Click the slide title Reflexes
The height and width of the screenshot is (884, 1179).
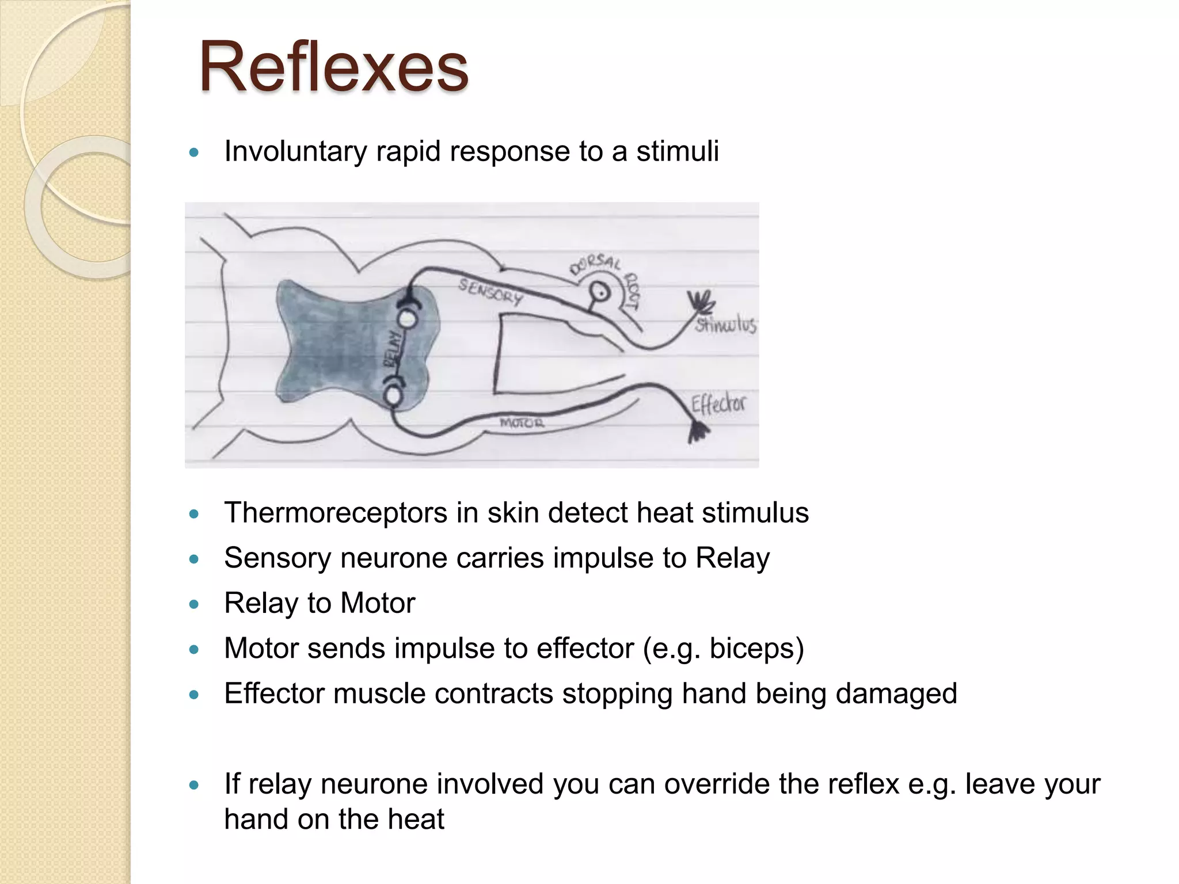pyautogui.click(x=333, y=67)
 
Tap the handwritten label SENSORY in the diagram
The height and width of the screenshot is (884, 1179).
pyautogui.click(x=490, y=291)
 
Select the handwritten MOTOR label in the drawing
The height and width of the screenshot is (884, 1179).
pyautogui.click(x=522, y=423)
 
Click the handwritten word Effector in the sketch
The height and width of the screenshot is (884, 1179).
pyautogui.click(x=718, y=404)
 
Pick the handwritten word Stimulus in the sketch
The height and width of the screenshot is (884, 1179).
pyautogui.click(x=725, y=325)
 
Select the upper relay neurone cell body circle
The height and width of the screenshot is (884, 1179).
pyautogui.click(x=407, y=318)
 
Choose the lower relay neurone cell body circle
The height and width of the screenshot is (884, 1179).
pyautogui.click(x=394, y=396)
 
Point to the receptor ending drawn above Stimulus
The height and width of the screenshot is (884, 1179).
pyautogui.click(x=702, y=302)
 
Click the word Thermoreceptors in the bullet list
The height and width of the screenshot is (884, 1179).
pyautogui.click(x=336, y=512)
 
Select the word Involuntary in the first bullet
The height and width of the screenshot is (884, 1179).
pyautogui.click(x=295, y=151)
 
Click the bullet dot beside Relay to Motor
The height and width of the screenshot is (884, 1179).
pyautogui.click(x=194, y=604)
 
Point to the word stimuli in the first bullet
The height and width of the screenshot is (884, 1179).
pyautogui.click(x=678, y=151)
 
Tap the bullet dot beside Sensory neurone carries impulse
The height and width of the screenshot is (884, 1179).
pyautogui.click(x=194, y=559)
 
